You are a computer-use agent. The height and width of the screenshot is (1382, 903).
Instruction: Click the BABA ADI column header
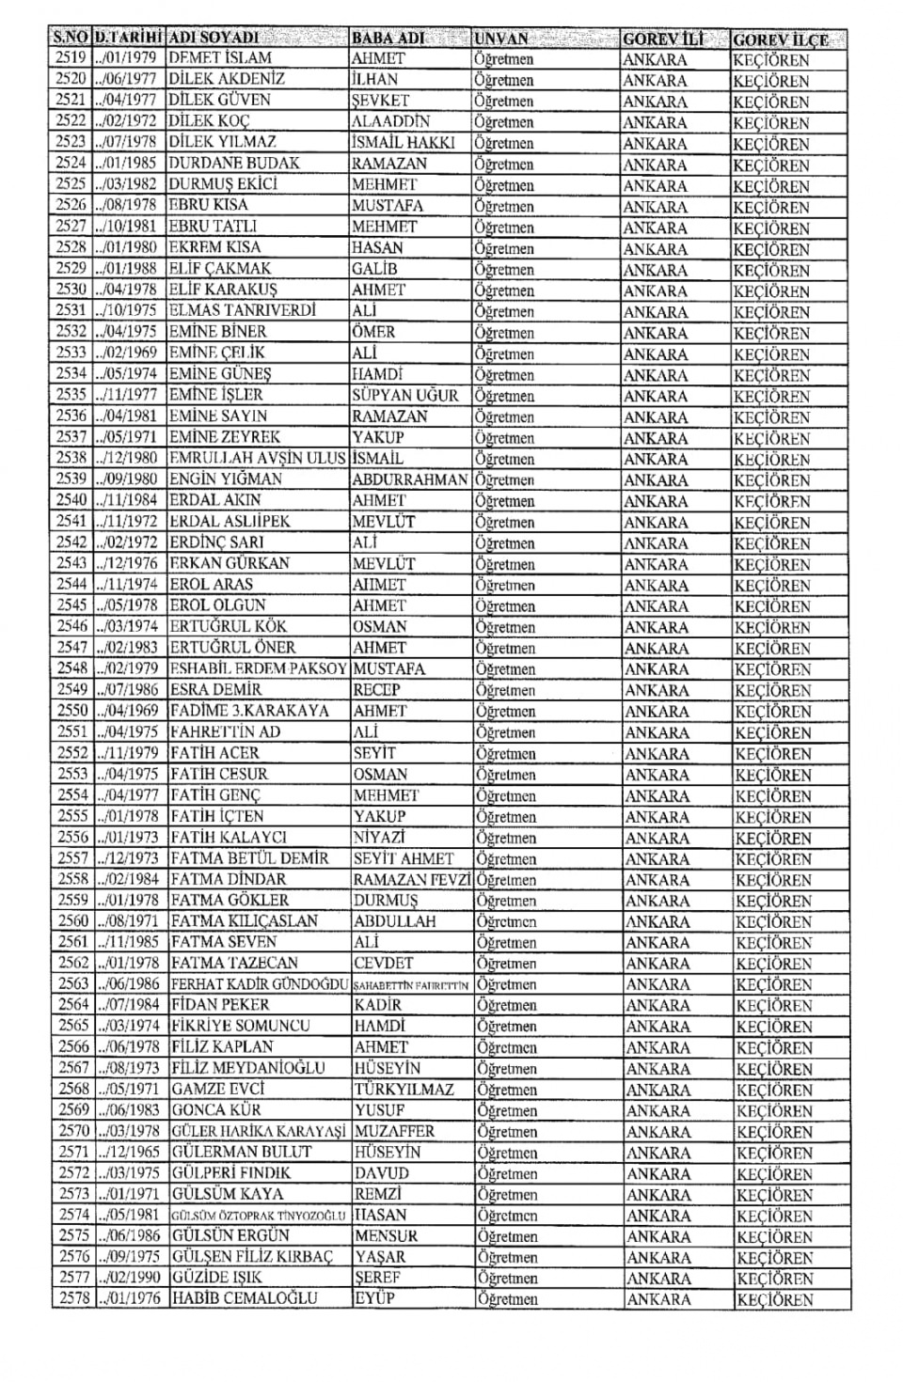click(388, 39)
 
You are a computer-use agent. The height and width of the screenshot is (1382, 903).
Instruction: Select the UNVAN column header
click(501, 39)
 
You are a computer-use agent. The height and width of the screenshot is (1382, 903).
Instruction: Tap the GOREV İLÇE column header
click(781, 39)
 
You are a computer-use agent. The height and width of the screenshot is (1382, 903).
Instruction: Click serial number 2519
click(71, 58)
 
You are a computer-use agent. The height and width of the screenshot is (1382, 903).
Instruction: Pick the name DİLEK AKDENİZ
click(226, 79)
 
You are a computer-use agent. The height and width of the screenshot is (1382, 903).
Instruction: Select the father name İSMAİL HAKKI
click(403, 143)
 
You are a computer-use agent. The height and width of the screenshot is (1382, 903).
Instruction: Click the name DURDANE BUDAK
click(233, 164)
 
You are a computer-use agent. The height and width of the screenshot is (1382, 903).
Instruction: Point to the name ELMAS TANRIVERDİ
click(243, 310)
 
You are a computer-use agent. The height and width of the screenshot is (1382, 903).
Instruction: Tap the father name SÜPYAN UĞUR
click(405, 395)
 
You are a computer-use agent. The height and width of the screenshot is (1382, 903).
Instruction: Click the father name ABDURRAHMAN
click(409, 479)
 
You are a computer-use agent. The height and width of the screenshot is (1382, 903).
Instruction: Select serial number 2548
click(72, 668)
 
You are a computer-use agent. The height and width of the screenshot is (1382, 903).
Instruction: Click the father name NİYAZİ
click(380, 837)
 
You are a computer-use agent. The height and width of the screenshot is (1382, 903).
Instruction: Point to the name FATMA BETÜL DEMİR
click(249, 858)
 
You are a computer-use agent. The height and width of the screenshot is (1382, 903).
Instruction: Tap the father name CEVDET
click(383, 963)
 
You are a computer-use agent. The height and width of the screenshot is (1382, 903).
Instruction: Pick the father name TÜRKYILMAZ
click(404, 1090)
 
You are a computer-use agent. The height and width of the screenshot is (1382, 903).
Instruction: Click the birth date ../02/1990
click(128, 1278)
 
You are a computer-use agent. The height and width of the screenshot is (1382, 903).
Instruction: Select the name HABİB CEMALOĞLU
click(245, 1298)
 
